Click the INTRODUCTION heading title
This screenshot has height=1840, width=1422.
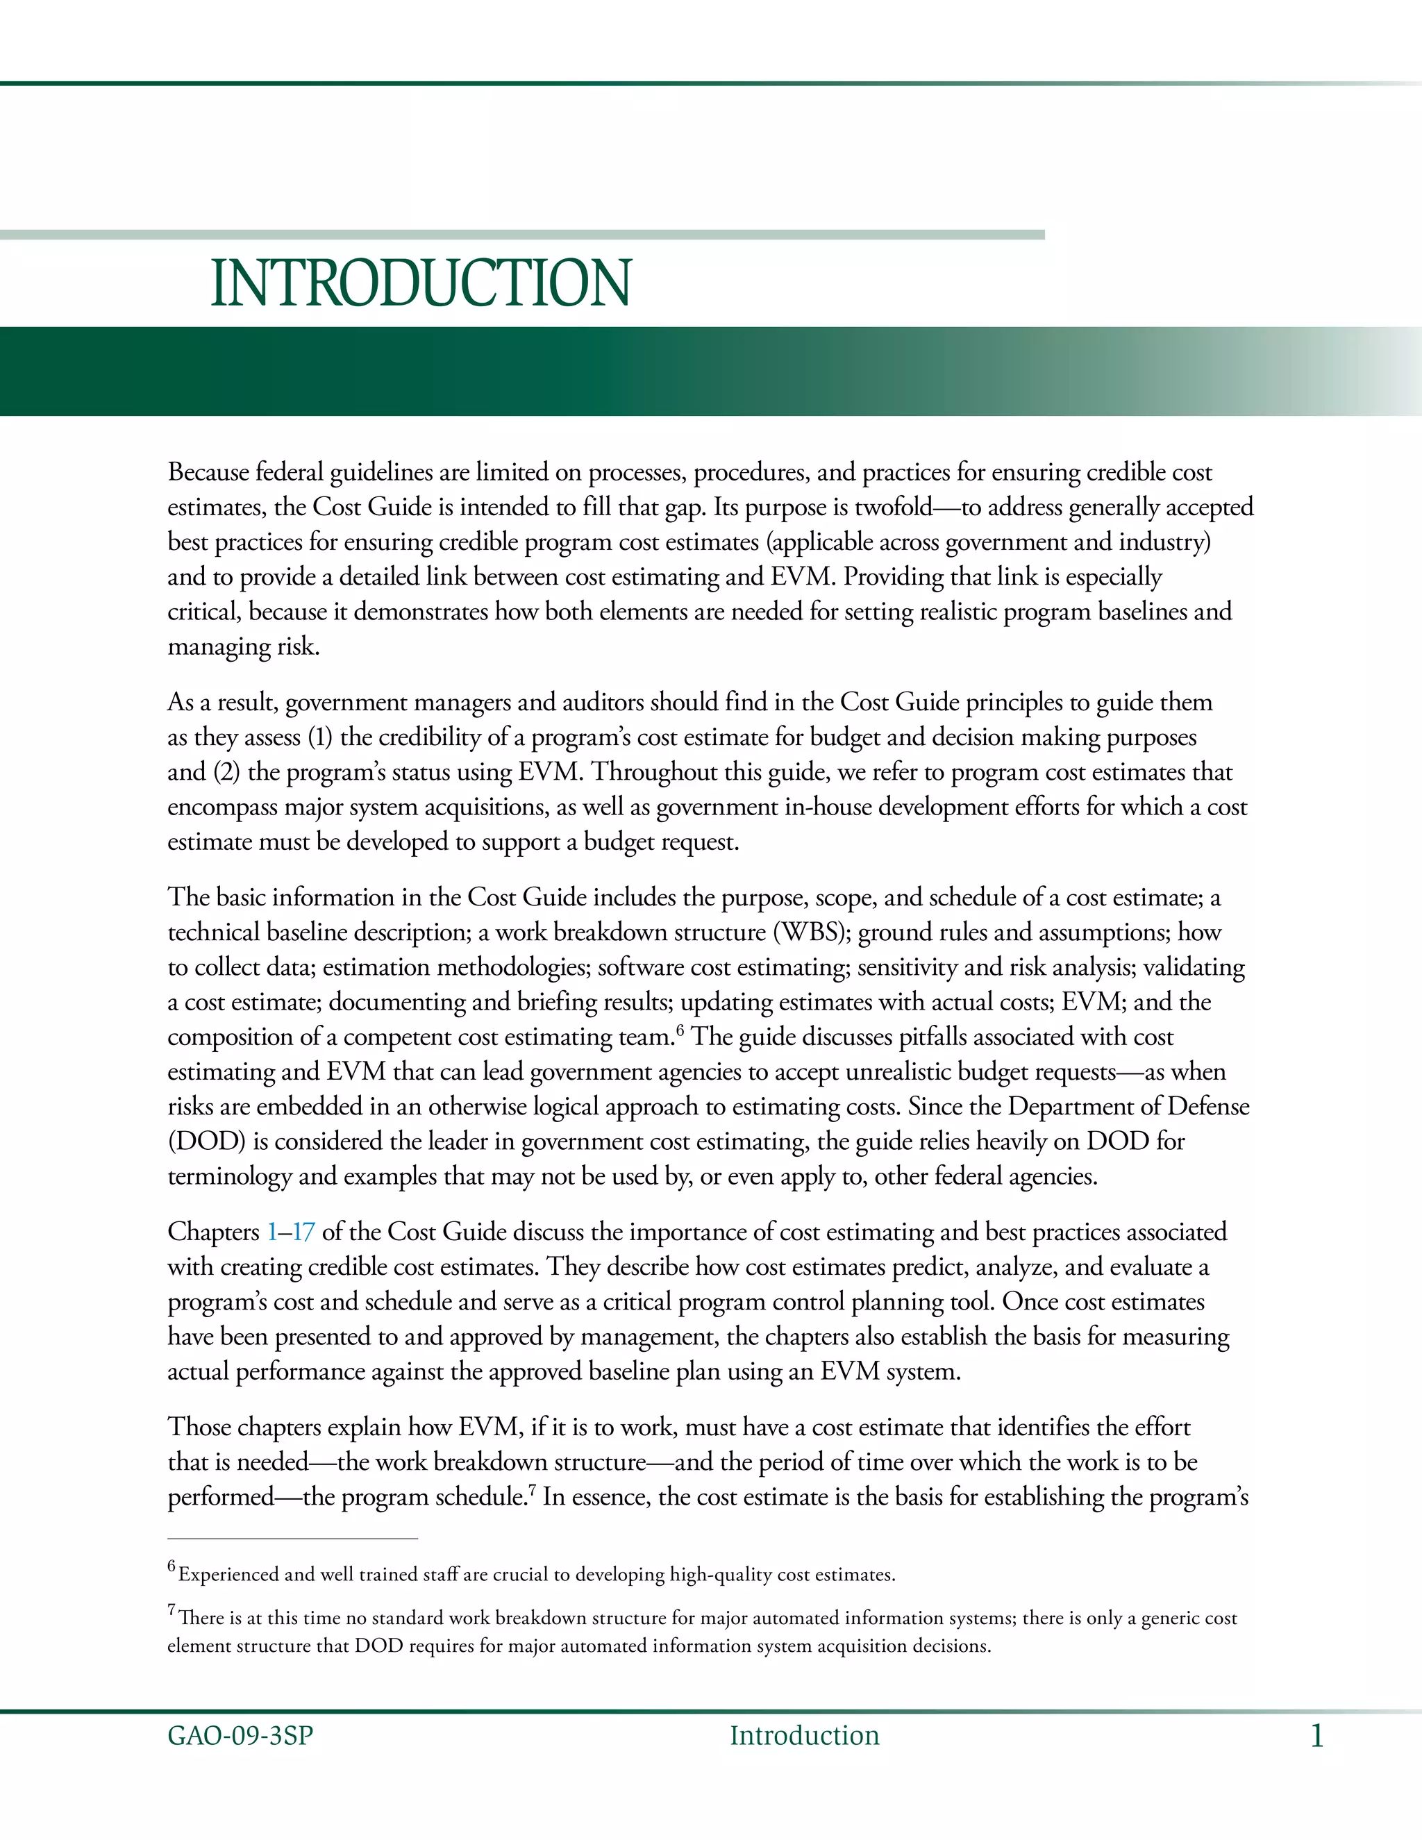(x=420, y=283)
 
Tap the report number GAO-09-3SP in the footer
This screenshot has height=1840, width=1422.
(x=240, y=1736)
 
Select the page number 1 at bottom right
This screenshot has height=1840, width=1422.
(x=1316, y=1737)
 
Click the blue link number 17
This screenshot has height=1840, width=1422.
(x=303, y=1232)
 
